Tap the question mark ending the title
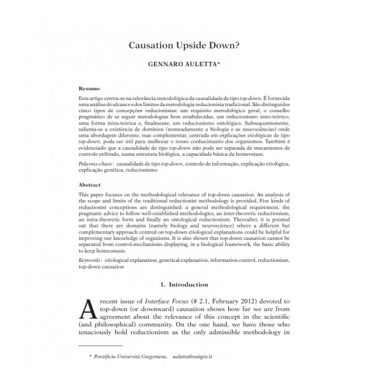(239, 46)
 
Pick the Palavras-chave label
(95, 166)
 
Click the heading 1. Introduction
(183, 285)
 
